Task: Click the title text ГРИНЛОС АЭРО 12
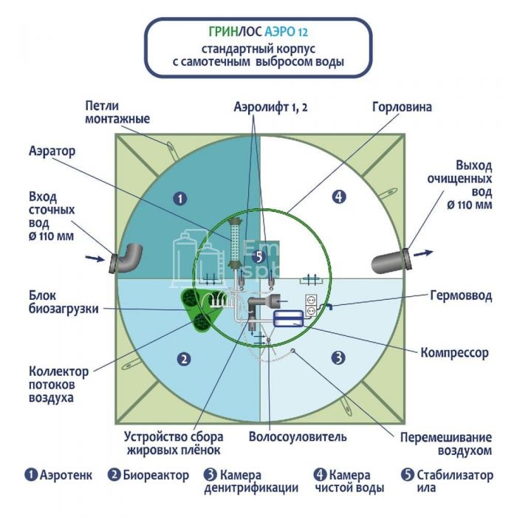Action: (x=258, y=32)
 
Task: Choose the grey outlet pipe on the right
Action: (x=390, y=258)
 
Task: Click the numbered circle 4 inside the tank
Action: (x=338, y=196)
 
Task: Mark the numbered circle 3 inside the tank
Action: (x=338, y=358)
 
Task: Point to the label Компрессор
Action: (x=454, y=353)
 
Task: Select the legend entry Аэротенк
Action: (x=58, y=475)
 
